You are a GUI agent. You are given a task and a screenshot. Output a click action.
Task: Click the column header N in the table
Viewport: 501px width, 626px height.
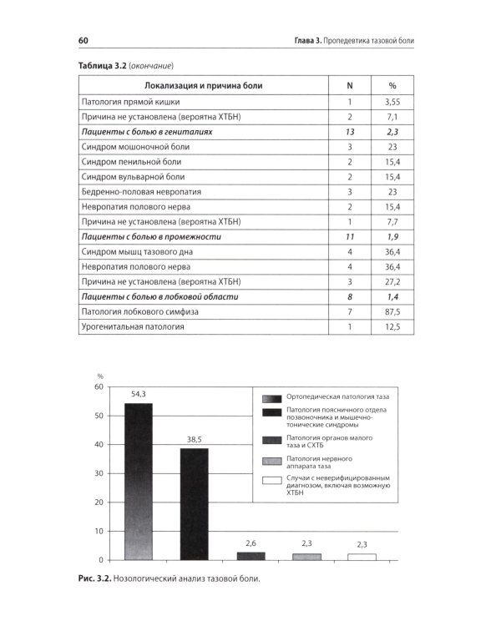coord(350,84)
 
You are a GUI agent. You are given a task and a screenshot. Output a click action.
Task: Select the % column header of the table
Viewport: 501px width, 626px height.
coord(392,84)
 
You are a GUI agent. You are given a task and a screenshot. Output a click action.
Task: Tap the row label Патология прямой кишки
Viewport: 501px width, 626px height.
coord(124,101)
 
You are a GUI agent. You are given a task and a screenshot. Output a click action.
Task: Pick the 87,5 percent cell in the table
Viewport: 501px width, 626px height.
coord(392,311)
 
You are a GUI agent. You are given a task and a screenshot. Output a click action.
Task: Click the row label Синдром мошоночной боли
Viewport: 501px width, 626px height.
coord(128,146)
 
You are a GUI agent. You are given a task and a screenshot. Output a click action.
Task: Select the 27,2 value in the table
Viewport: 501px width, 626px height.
coord(392,281)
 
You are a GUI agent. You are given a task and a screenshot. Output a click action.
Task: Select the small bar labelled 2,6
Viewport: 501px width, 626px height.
coord(250,556)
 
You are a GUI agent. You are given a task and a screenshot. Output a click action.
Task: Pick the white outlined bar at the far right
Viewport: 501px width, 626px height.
coord(362,556)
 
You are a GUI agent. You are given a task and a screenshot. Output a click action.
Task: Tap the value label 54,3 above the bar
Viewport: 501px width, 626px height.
coord(139,394)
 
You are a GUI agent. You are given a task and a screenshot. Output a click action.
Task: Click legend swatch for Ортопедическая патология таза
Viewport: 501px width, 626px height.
coord(271,398)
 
